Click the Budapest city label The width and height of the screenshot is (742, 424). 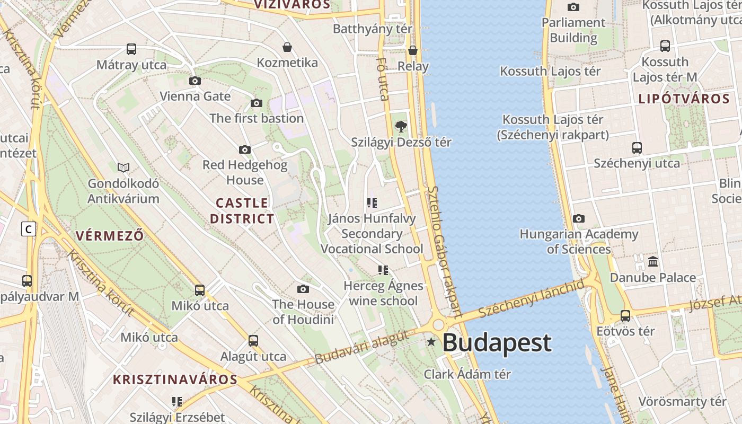click(497, 343)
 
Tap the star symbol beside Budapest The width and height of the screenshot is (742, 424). click(431, 342)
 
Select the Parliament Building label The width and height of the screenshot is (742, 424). click(573, 30)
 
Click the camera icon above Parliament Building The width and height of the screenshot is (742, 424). click(573, 7)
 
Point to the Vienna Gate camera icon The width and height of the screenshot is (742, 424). click(195, 81)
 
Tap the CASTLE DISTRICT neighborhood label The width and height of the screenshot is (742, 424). click(242, 210)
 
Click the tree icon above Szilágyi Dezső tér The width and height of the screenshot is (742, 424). click(401, 126)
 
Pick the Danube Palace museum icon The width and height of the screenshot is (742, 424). click(653, 261)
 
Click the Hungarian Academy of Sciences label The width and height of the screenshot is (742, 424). click(579, 241)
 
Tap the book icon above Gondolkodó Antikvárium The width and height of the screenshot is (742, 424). click(123, 167)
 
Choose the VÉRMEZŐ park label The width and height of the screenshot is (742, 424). click(110, 236)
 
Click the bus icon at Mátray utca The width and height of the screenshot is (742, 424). click(131, 49)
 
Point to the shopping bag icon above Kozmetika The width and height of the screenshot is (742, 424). click(287, 47)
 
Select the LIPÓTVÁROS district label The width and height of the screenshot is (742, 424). click(684, 99)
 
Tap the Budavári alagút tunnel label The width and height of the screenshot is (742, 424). click(362, 347)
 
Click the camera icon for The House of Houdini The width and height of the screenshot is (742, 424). click(303, 289)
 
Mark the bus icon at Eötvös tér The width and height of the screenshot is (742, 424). click(625, 316)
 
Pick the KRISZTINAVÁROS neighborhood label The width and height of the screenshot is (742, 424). click(175, 379)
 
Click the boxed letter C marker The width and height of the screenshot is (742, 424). click(29, 229)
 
